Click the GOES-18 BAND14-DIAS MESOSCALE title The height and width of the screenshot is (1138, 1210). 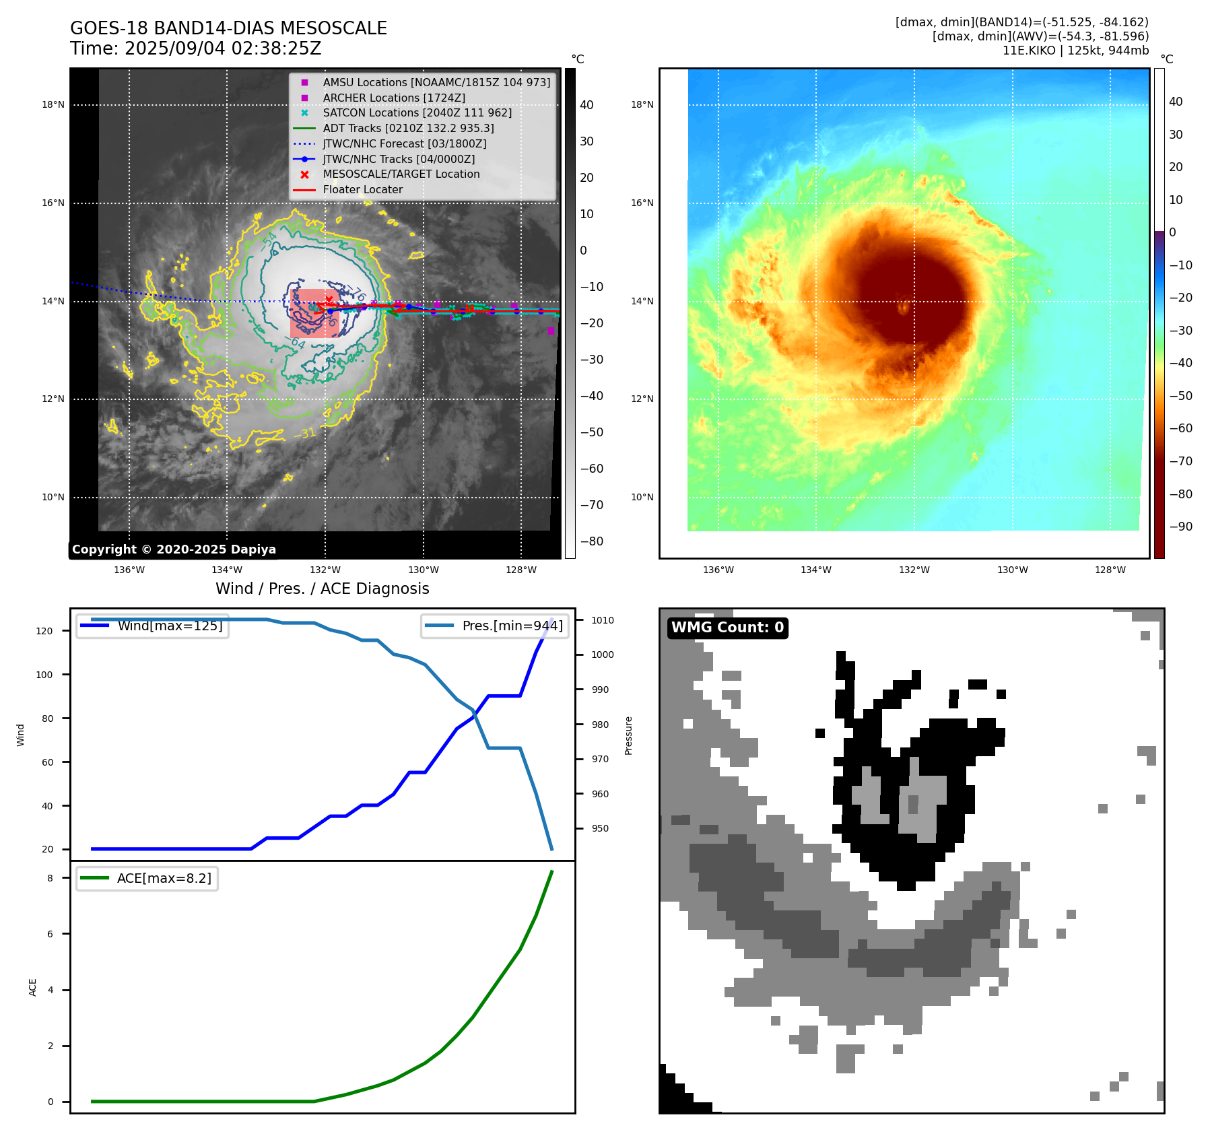(x=228, y=28)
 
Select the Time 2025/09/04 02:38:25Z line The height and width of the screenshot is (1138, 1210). (x=195, y=49)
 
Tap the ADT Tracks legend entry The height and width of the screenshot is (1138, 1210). (x=408, y=128)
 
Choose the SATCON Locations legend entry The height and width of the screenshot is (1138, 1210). (x=417, y=112)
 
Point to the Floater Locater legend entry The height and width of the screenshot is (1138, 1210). (x=362, y=190)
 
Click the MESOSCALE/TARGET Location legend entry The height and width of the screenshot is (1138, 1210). (x=401, y=174)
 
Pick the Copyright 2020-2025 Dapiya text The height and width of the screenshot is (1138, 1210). (x=174, y=549)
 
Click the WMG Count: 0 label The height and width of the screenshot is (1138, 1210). (x=727, y=628)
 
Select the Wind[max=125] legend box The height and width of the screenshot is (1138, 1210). (x=153, y=626)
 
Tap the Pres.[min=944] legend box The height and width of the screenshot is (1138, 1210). (x=495, y=626)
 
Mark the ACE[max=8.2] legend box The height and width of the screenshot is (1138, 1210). (x=147, y=878)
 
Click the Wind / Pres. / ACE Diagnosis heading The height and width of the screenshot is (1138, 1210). (x=322, y=589)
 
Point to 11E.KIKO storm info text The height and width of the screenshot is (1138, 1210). (x=1075, y=51)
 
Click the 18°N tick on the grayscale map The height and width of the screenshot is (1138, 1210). (x=53, y=105)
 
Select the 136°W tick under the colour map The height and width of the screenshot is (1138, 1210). (x=718, y=570)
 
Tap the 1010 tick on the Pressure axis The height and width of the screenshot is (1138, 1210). (x=603, y=620)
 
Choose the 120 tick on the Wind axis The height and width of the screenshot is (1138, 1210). (x=44, y=631)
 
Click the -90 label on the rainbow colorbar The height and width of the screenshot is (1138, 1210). (x=1180, y=527)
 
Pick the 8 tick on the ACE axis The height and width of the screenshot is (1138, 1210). (x=51, y=877)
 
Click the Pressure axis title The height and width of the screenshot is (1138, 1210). (x=628, y=735)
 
